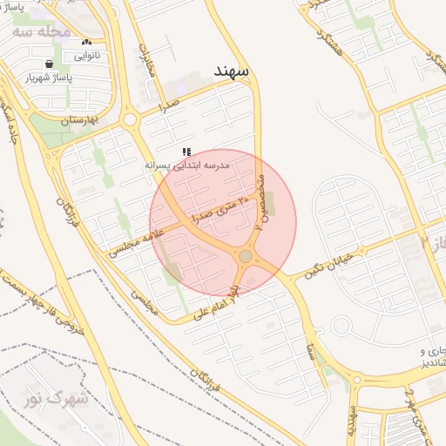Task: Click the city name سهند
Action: pos(233,69)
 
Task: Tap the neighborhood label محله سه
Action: pos(42,31)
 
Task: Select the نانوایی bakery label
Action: pos(85,56)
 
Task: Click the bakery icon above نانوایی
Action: pos(85,42)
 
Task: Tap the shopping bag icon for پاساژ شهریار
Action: pos(50,64)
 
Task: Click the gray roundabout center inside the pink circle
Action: pos(246,256)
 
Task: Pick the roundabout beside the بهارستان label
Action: pos(130,119)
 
